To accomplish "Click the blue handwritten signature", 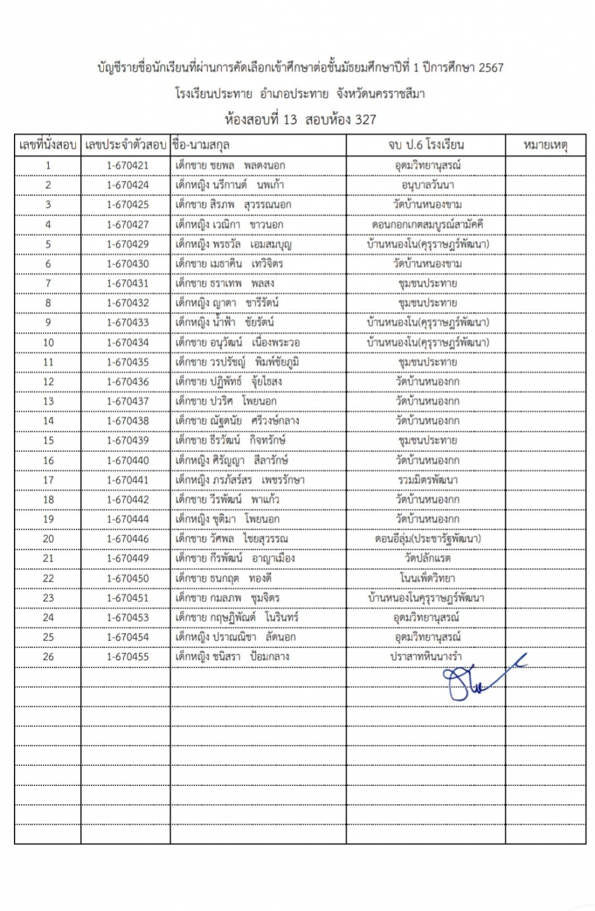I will tap(480, 680).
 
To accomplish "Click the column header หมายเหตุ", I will tap(545, 145).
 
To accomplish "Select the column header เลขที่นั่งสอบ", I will tap(48, 145).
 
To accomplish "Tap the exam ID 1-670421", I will tap(127, 165).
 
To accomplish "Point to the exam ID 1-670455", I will tap(127, 657).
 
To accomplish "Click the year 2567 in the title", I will tap(491, 67).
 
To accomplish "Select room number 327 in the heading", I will tap(365, 120).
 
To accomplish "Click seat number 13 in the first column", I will tap(48, 401).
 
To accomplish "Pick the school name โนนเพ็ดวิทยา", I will tap(427, 578).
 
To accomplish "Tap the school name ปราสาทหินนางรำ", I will tap(426, 657).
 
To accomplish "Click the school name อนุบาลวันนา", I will tap(427, 185).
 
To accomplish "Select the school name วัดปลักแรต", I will tap(427, 558).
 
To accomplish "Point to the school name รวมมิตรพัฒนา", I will tap(427, 480).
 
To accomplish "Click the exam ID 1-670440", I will tap(127, 460).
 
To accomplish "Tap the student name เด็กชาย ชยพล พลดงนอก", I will tap(230, 165).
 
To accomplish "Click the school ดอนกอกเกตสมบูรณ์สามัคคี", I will tap(427, 224).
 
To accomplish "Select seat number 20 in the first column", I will tap(48, 539).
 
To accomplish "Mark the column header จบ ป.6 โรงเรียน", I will tap(426, 145).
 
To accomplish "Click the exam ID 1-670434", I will tap(127, 343).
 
